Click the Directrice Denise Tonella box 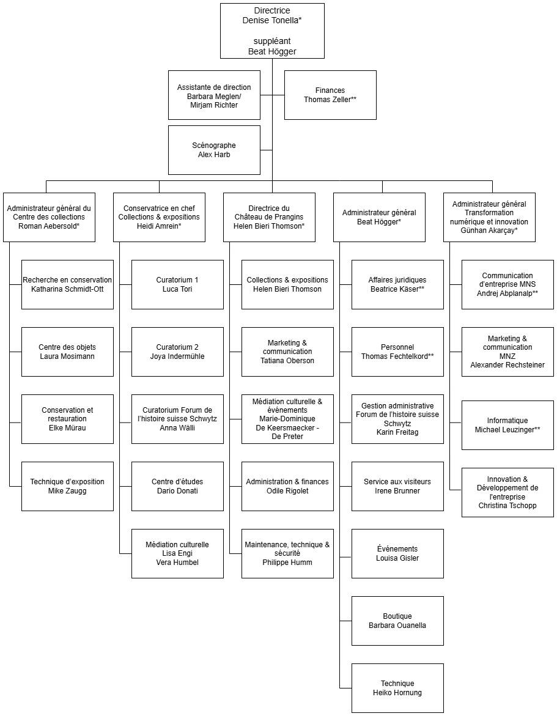[272, 31]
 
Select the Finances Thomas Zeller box [330, 95]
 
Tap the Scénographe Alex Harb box [214, 150]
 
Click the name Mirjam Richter [214, 105]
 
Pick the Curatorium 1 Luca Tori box [177, 284]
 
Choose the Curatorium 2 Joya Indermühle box [177, 352]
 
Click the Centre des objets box [67, 352]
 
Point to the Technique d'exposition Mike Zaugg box [67, 486]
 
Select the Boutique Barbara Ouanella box [397, 621]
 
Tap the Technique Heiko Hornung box [397, 688]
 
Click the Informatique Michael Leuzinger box [507, 425]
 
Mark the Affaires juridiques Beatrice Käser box [397, 284]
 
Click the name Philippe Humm [287, 562]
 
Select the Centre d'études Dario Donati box [177, 486]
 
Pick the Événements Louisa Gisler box [397, 553]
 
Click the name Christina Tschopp [507, 506]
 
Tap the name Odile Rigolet [287, 491]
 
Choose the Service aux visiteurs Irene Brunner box [397, 486]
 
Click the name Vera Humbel [177, 563]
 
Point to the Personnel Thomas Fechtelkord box [397, 352]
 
